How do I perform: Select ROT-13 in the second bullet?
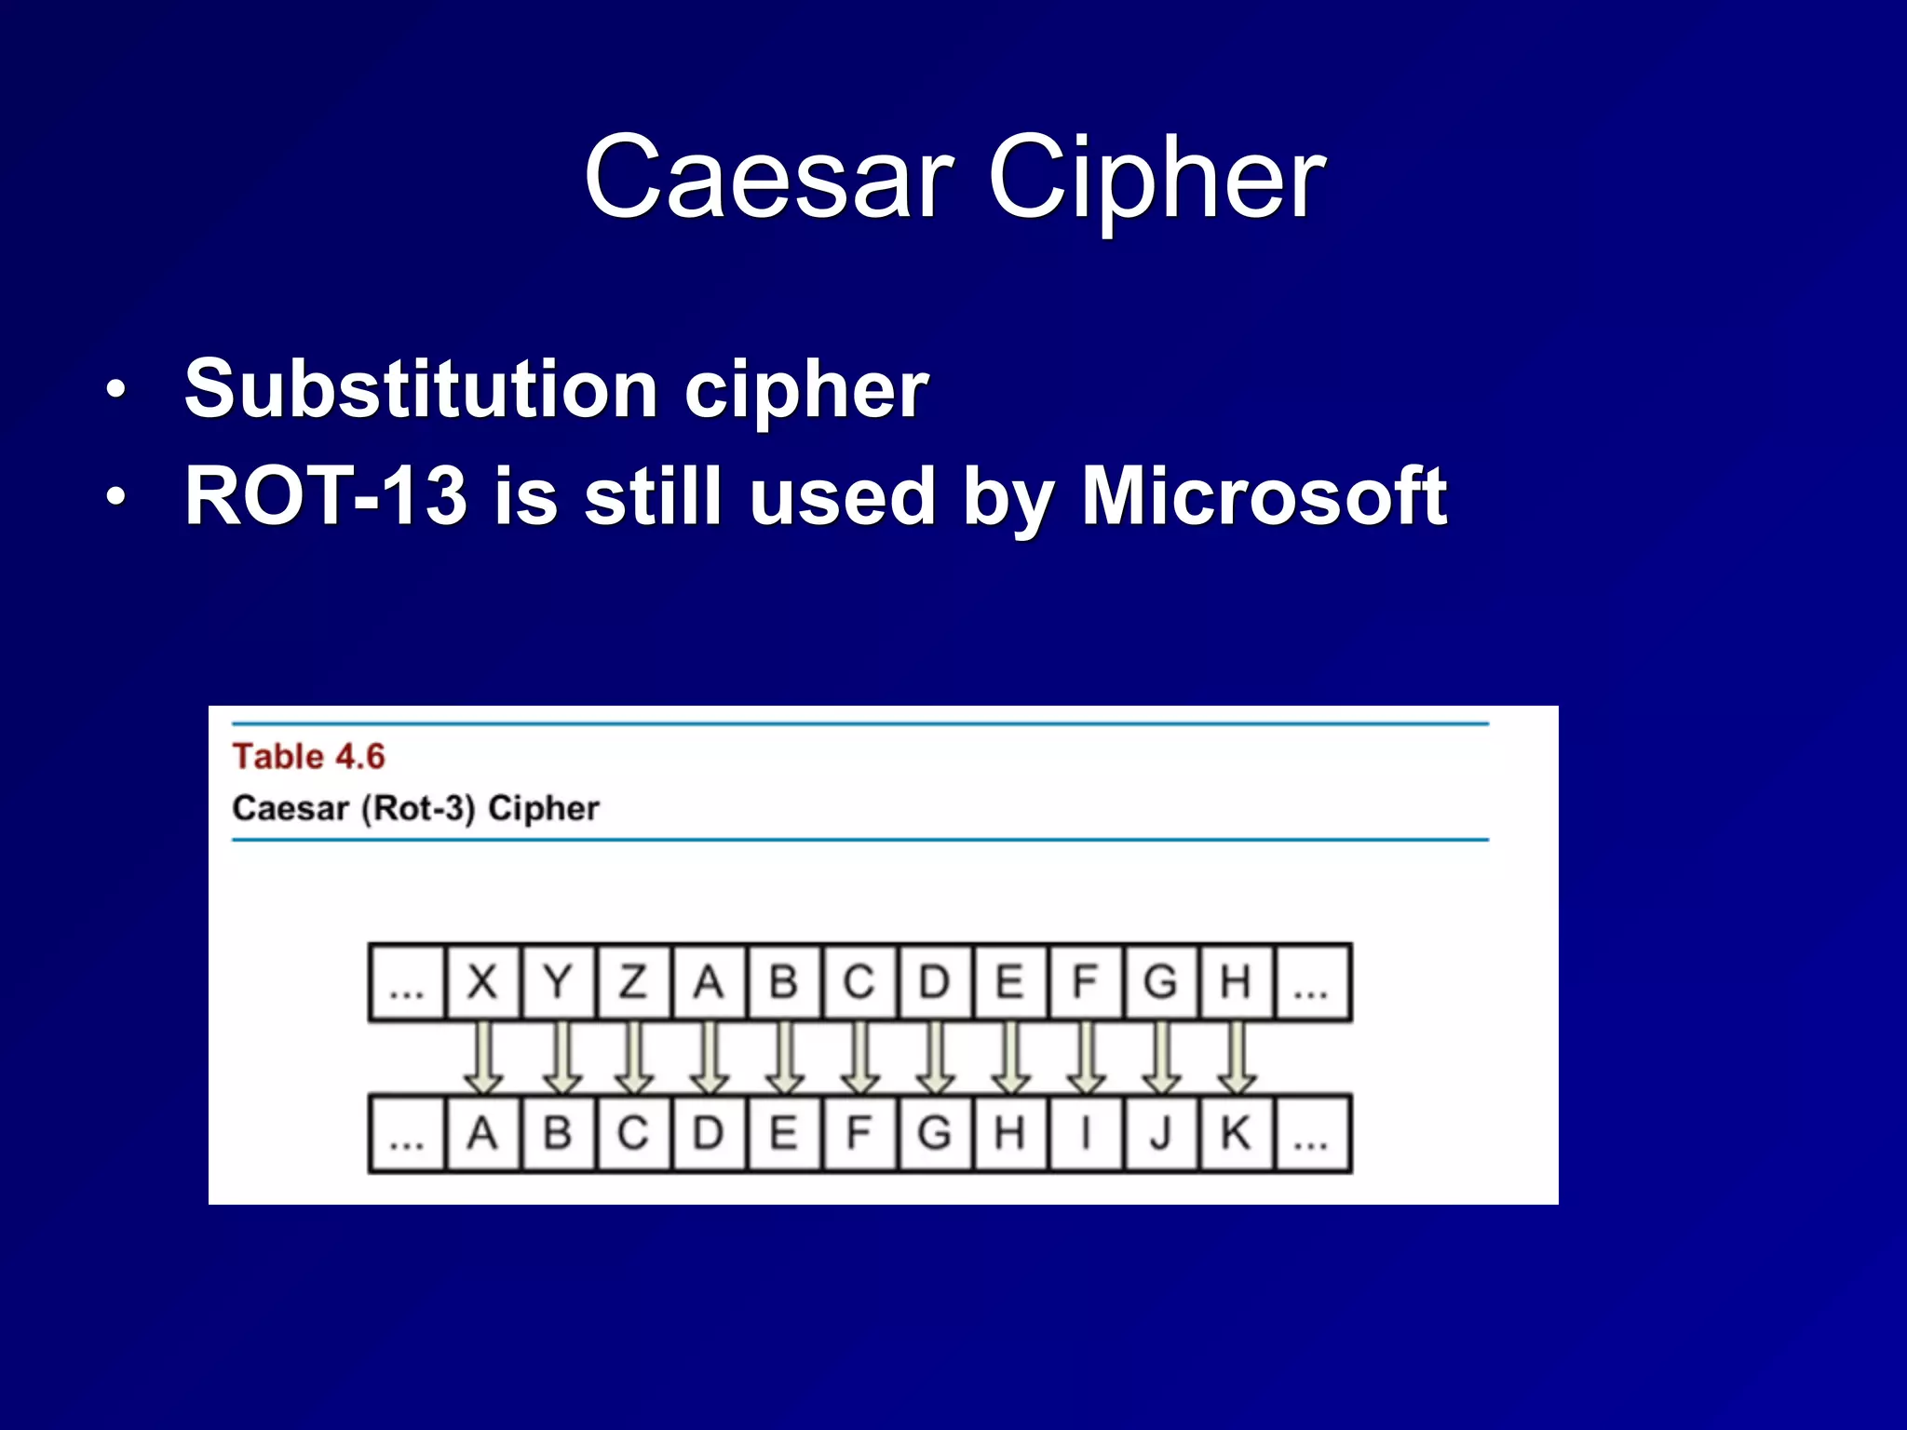(325, 496)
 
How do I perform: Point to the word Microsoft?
(1264, 496)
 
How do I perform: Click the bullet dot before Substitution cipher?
(115, 390)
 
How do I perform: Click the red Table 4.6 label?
(308, 756)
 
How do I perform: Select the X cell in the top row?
(482, 982)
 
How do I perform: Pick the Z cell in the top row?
(633, 982)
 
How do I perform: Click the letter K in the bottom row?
(1236, 1134)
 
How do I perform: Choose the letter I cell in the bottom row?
(1085, 1134)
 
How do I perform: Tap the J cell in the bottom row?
(1160, 1134)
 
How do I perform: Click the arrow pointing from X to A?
(483, 1059)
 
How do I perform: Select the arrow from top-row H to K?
(1237, 1059)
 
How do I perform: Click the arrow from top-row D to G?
(935, 1059)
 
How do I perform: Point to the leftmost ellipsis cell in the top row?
(407, 983)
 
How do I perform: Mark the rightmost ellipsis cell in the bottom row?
(1311, 1134)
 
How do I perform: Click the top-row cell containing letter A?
(709, 982)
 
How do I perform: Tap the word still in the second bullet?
(653, 496)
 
